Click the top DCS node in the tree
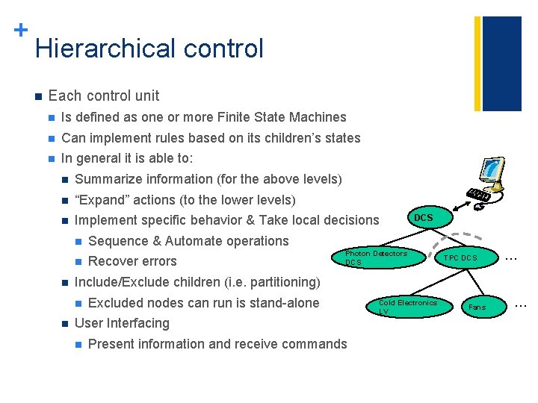tap(423, 218)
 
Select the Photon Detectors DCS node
tap(375, 258)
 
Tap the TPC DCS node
tap(460, 258)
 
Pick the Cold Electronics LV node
tap(406, 307)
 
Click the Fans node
tap(477, 307)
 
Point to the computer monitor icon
tap(492, 174)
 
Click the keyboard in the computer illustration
tap(479, 196)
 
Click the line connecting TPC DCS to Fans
tap(469, 283)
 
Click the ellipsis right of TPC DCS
tap(512, 257)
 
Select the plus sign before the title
tap(20, 30)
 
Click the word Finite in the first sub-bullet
tap(235, 117)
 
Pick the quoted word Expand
tap(104, 200)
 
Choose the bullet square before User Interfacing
tap(65, 324)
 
